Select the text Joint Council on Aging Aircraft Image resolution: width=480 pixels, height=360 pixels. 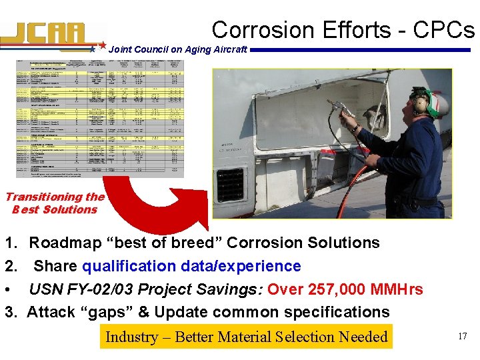coord(177,49)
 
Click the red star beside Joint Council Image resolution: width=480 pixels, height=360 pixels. coord(103,46)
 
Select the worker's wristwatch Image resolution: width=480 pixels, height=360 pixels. coord(357,128)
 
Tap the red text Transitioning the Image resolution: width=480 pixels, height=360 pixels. coord(55,197)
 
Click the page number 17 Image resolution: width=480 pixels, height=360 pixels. coord(461,337)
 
